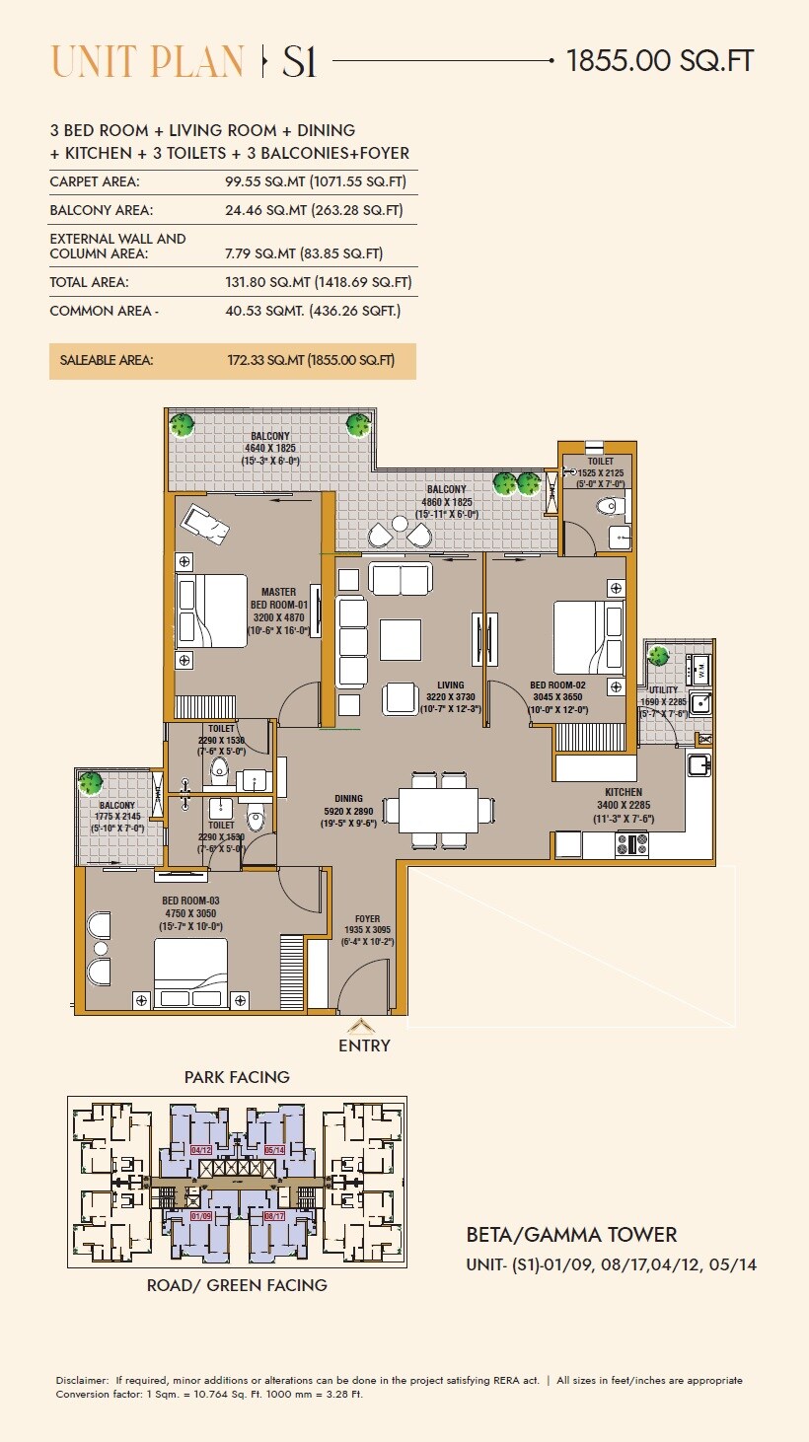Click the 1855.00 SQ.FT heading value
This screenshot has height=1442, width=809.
[660, 61]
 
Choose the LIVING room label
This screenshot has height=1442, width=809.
[450, 685]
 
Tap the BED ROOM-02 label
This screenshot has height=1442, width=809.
[557, 685]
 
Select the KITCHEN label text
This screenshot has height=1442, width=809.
[624, 792]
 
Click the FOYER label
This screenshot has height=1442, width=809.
[367, 919]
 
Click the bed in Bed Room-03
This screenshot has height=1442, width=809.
[189, 972]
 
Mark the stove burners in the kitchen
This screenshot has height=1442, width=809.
[631, 844]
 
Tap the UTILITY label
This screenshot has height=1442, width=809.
[663, 691]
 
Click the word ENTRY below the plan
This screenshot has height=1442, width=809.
[364, 1045]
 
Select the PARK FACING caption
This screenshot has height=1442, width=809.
[237, 1077]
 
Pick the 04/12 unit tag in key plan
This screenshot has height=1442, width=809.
[201, 1150]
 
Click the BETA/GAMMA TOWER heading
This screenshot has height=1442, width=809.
[571, 1235]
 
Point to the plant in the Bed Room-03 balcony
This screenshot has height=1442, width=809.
[91, 784]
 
